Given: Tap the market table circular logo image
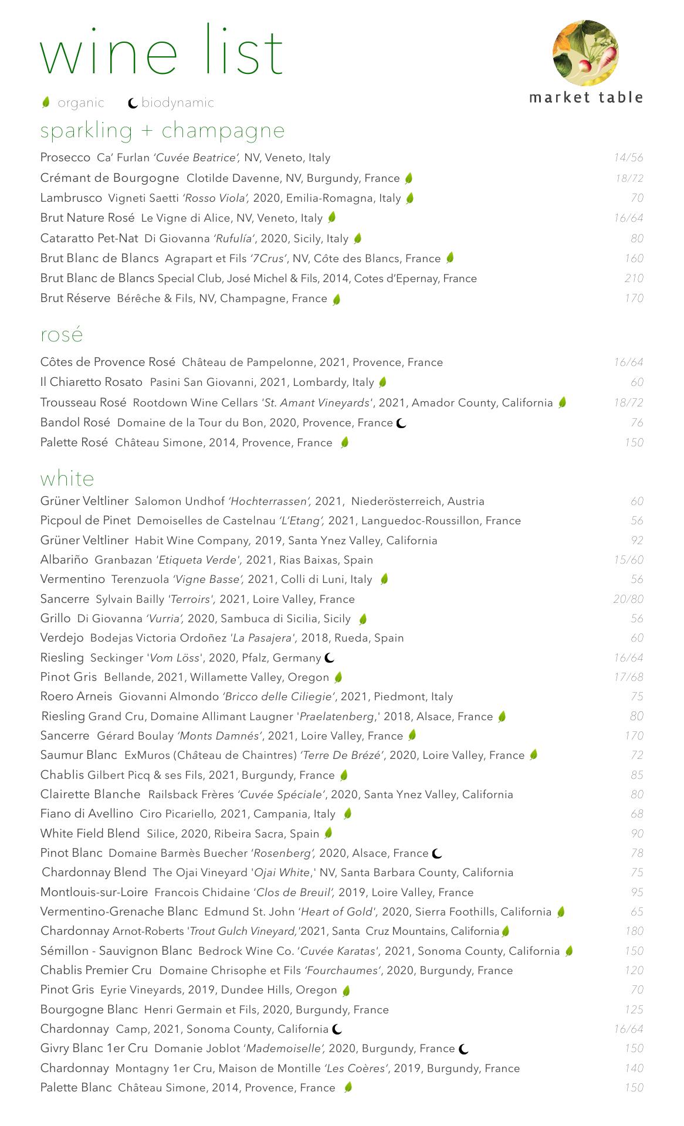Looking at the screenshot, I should [x=585, y=53].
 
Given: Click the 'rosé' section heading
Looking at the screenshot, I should [x=62, y=335].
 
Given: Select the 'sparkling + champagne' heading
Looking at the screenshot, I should [x=162, y=130].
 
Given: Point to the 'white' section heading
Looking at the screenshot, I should [x=67, y=479].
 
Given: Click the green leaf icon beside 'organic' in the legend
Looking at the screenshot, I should [x=46, y=103].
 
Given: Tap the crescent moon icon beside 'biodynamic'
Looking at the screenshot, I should [x=133, y=104].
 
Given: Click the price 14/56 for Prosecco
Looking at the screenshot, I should [x=628, y=158].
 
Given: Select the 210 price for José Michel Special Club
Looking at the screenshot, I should [x=634, y=279].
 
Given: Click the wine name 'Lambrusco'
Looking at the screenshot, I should [x=71, y=198].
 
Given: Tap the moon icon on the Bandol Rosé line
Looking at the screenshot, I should [x=401, y=423].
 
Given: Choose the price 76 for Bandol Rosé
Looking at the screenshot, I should [x=636, y=423].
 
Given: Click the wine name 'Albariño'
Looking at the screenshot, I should [x=64, y=560].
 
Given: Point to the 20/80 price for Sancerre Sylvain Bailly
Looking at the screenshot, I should [x=628, y=599].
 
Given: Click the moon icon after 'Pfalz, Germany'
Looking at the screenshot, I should [x=330, y=658].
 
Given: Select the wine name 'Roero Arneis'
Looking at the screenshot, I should [x=76, y=697].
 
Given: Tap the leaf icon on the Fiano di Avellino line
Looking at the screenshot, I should [x=347, y=814].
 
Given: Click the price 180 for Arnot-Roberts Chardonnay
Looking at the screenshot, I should [x=634, y=931].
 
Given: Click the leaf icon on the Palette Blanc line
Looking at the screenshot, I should [x=348, y=1088].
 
